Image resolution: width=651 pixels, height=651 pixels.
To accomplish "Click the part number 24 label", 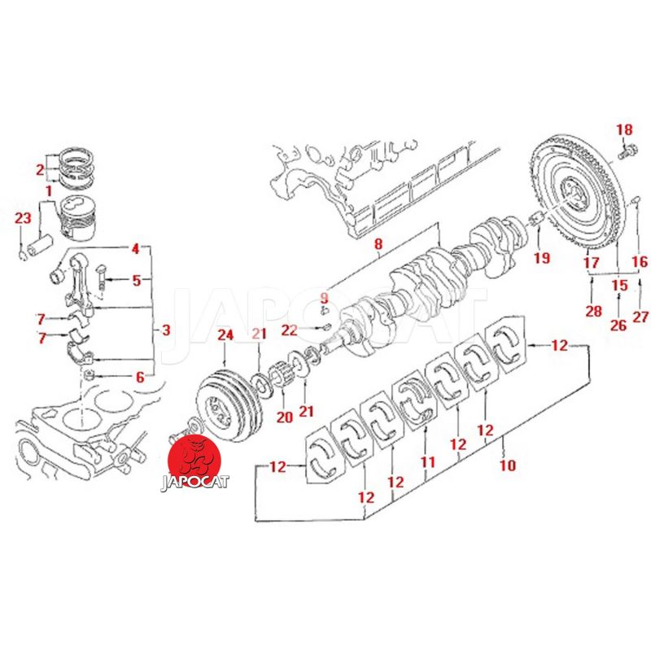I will point(225,334).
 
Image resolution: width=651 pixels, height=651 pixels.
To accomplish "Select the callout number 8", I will point(378,242).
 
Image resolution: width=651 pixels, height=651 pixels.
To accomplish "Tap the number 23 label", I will point(23,217).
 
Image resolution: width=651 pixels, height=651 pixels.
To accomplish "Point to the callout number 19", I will point(542,258).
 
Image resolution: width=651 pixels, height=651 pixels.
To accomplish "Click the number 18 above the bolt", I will point(623,129).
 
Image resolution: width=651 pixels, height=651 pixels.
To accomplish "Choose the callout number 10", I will point(508,465).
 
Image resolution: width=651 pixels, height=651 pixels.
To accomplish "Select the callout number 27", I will point(640,317).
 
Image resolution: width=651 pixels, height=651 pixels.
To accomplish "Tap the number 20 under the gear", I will point(284,417).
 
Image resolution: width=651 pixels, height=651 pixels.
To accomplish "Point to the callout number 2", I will point(39,169).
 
